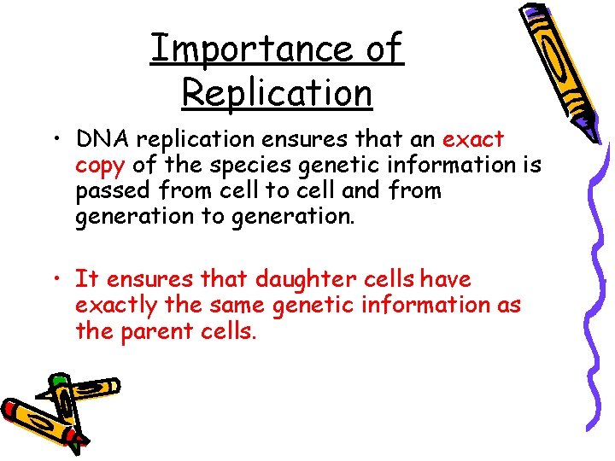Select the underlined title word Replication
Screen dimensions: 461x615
[x=277, y=91]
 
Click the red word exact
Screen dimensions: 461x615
[x=473, y=139]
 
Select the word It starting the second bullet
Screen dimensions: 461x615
[x=85, y=279]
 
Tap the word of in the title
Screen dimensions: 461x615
[x=383, y=49]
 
